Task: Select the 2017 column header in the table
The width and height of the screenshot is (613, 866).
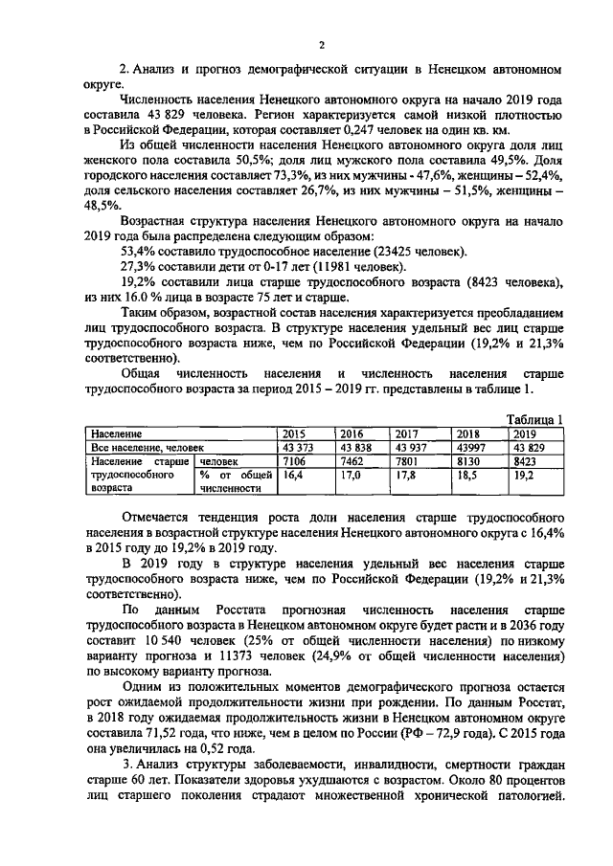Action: (407, 433)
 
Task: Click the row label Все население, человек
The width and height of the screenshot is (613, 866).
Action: (135, 446)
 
